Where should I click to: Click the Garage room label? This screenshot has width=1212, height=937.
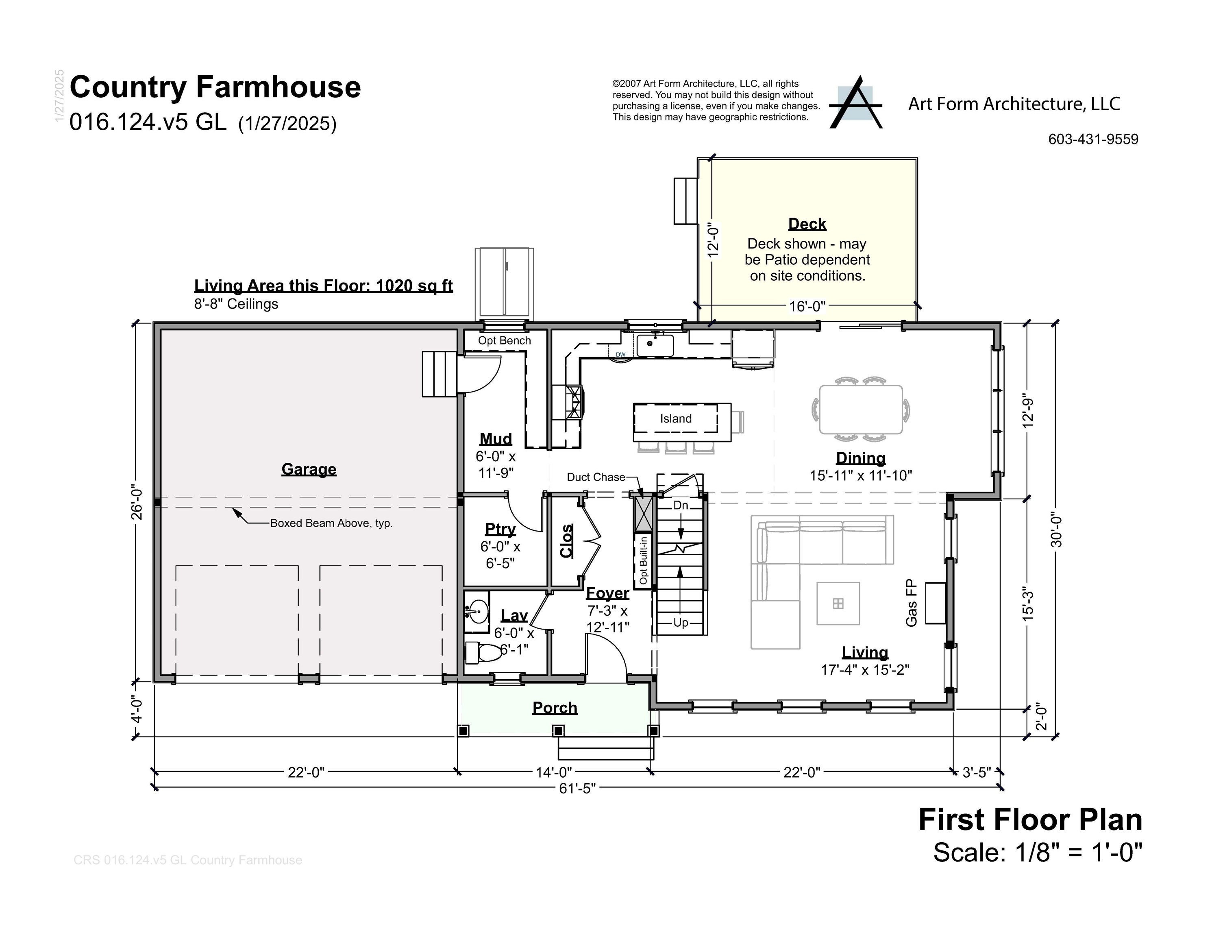tap(309, 469)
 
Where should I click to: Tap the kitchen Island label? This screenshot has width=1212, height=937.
tap(675, 418)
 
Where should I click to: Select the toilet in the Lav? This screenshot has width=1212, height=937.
tap(484, 653)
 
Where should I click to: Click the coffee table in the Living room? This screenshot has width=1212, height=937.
tap(838, 604)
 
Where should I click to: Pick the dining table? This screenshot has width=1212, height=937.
tap(861, 410)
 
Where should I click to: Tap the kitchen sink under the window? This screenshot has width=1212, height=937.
tap(655, 345)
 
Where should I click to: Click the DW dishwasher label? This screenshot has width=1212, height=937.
tap(620, 354)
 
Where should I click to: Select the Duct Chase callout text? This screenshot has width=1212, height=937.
tap(596, 477)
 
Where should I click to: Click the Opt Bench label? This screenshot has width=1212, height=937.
tap(504, 340)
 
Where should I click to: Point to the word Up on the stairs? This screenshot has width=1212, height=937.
tap(680, 622)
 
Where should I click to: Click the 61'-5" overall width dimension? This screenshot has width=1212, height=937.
tap(577, 788)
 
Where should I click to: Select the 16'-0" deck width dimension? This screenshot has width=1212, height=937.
tap(807, 306)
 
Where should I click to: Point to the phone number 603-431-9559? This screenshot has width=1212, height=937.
tap(1093, 139)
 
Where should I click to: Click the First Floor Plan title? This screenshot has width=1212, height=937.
tap(1030, 820)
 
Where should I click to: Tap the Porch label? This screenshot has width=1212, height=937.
tap(555, 708)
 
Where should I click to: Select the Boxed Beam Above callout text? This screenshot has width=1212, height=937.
tap(331, 523)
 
